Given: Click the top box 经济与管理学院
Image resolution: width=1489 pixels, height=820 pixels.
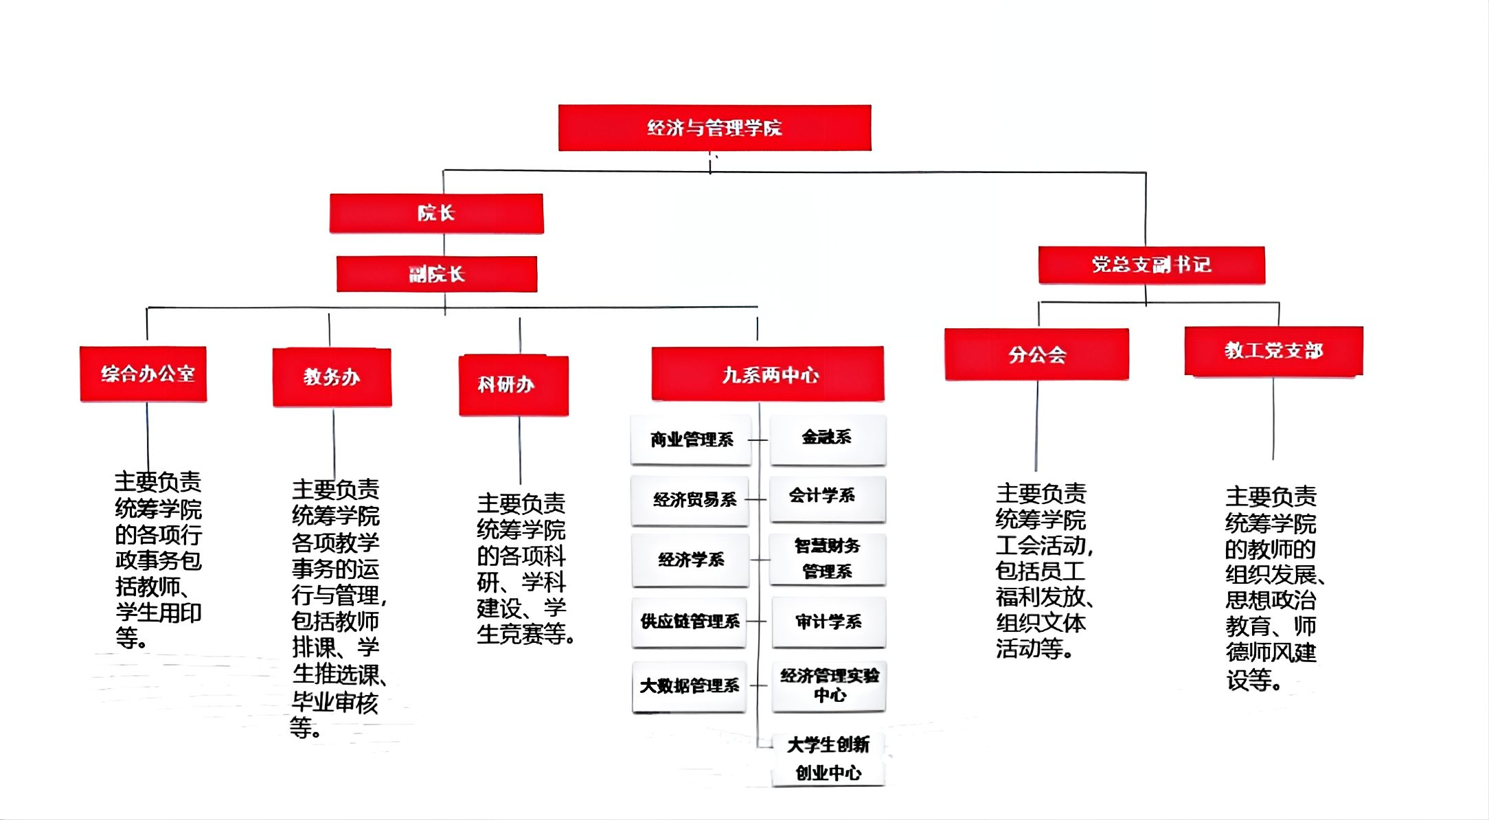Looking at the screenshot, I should pos(714,128).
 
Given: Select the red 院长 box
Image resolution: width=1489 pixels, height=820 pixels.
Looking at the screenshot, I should pos(436,214).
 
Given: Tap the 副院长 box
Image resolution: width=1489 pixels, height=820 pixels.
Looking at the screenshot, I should pos(437,274).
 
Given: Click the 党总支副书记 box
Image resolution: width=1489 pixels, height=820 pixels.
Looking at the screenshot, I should pos(1151,264).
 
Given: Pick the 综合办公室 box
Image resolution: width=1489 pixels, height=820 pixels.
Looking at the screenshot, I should pos(144,374).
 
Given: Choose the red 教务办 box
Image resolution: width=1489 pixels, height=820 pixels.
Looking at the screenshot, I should pos(332,377).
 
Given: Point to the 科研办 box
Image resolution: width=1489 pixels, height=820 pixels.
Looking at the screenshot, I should pos(513,385).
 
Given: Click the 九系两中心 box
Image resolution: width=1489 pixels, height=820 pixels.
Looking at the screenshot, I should pos(768,374).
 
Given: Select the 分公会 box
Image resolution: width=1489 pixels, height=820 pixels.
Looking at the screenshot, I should pos(1036,354).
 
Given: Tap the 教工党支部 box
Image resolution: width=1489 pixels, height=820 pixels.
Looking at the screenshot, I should pos(1273,351).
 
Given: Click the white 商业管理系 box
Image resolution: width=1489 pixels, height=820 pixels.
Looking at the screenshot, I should pos(691,440).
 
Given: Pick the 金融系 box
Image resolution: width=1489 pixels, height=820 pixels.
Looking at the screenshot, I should pos(828,438).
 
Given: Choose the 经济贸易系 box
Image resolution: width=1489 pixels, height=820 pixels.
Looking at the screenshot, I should pos(691,499).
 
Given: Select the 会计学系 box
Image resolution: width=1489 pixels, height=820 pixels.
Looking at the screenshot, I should pos(827,496).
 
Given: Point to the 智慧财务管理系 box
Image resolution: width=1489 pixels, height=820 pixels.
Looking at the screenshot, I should pos(827,559).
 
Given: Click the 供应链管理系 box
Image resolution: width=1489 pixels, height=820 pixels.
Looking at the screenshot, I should pos(690,622).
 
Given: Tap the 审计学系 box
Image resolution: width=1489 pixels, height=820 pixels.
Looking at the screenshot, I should pos(828,622).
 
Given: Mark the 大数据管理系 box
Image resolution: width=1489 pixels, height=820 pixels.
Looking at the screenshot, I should pos(690,685).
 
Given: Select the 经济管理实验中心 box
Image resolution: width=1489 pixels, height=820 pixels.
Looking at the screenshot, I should pos(828,685).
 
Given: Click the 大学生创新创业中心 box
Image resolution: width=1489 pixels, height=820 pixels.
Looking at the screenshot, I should pos(828,759).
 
